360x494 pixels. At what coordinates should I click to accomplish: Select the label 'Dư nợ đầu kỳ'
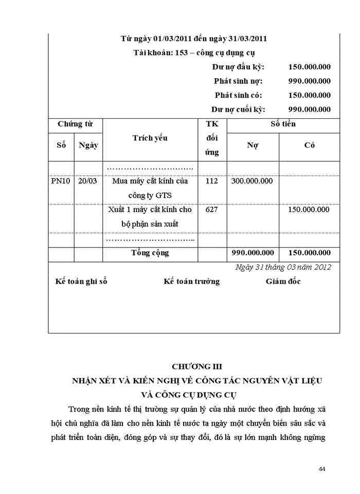click(238, 67)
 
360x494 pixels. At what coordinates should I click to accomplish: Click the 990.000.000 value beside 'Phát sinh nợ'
click(309, 81)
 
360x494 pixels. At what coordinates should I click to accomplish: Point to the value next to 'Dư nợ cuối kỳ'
click(309, 109)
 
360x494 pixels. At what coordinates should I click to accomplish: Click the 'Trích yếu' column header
click(150, 138)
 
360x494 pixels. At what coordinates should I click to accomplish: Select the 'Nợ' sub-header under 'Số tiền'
click(253, 145)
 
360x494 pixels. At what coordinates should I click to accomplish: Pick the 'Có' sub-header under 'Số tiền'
click(309, 145)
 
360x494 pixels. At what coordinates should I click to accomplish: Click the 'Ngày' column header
click(88, 145)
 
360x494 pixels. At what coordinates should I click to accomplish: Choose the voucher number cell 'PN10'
click(61, 181)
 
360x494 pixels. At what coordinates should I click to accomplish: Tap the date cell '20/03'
click(87, 181)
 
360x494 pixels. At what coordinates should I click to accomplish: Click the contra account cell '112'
click(211, 181)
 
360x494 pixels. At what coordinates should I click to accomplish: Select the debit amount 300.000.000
click(253, 181)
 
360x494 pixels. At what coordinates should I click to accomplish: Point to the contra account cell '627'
click(211, 210)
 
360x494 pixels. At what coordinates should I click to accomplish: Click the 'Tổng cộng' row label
click(150, 253)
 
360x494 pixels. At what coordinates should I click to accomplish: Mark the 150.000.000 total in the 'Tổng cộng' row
click(309, 253)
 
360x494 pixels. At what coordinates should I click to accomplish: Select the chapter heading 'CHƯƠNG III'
click(197, 366)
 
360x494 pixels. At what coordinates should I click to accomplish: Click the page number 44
click(322, 469)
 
